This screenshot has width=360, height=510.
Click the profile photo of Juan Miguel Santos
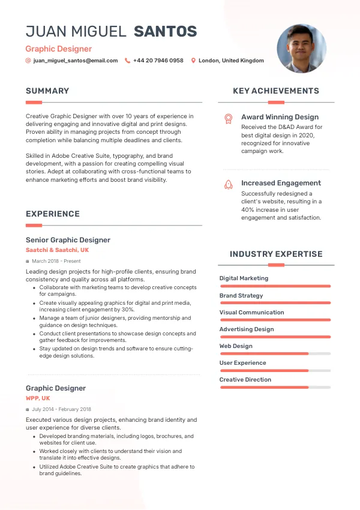301,49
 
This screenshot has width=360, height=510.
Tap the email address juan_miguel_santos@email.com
76,61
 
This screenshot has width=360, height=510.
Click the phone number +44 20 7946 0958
158,61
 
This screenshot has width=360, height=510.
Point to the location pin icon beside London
193,61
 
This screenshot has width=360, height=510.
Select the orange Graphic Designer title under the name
59,49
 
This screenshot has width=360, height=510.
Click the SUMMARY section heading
47,91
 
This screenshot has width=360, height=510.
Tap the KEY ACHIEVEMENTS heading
276,91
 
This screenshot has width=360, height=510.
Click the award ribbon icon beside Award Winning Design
228,119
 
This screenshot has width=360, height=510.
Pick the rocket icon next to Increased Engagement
228,185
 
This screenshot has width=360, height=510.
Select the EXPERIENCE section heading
53,214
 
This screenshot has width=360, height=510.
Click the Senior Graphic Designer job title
68,240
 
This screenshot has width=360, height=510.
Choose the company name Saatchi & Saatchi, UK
57,250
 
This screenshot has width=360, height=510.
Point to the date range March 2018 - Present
56,262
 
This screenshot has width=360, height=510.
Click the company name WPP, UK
38,398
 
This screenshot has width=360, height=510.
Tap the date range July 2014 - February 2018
61,409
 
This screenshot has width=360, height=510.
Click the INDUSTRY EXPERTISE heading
276,254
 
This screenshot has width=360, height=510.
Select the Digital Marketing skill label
244,278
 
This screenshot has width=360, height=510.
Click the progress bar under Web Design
275,353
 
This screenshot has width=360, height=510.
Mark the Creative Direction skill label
245,380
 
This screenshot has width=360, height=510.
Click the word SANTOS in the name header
165,31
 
